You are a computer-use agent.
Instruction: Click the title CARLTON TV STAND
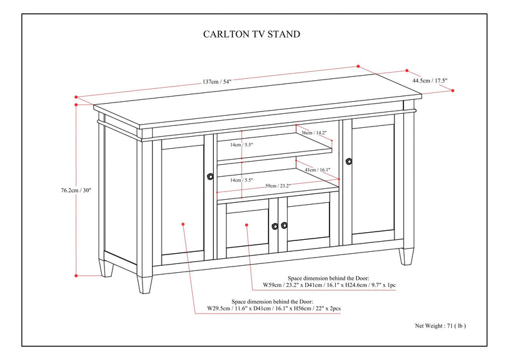click(x=251, y=34)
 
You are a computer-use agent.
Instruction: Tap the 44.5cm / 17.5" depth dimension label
click(x=430, y=81)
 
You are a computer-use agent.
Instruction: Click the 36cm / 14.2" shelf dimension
click(x=314, y=133)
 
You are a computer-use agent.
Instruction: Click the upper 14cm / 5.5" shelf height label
click(x=242, y=145)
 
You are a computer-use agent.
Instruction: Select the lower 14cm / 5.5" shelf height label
click(x=242, y=180)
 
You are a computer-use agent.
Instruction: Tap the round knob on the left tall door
click(x=210, y=177)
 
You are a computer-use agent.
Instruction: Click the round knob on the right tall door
click(x=348, y=162)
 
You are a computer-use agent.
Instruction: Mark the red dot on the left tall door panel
click(x=183, y=224)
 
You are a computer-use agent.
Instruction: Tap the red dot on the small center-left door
click(x=246, y=224)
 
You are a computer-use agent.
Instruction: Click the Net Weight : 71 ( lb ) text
click(x=441, y=325)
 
